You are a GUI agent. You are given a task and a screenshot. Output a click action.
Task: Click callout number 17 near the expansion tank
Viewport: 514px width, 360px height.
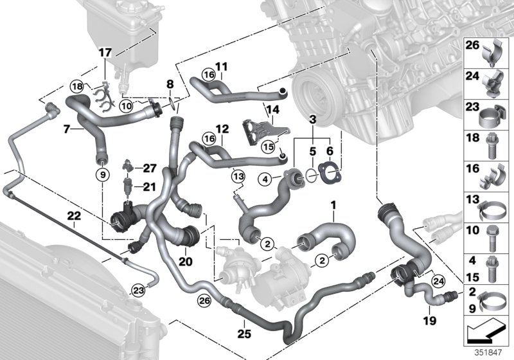105,53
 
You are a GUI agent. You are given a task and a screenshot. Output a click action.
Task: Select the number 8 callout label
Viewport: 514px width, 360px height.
170,84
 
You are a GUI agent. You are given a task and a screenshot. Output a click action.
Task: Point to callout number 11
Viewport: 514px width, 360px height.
221,66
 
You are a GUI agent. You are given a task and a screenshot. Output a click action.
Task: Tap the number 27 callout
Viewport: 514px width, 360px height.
150,168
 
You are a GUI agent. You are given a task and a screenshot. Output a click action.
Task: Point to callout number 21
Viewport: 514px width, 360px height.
150,186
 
